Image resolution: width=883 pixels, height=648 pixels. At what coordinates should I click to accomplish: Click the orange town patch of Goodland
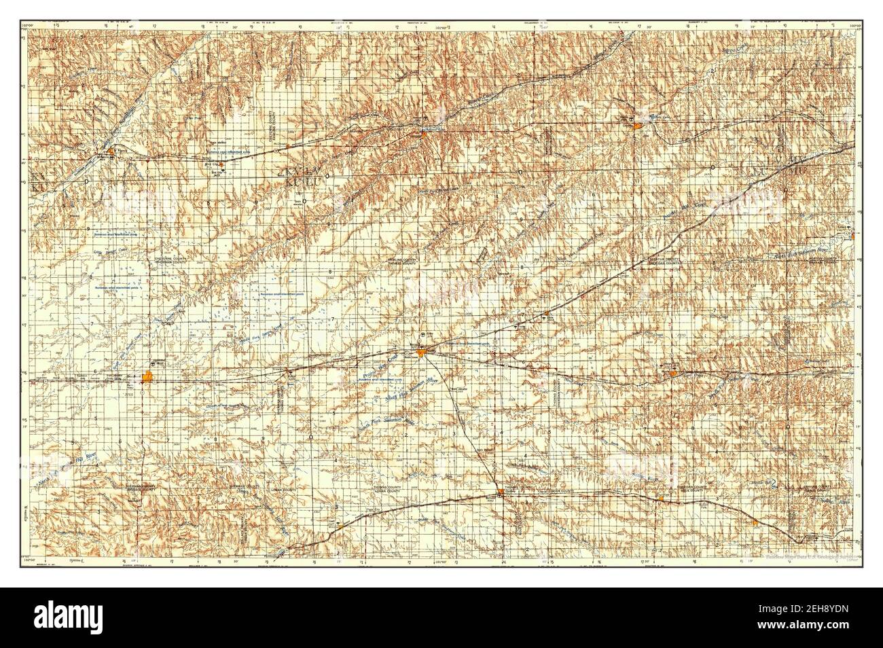tap(149, 377)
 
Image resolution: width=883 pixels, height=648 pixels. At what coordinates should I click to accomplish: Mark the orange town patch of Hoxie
tap(672, 373)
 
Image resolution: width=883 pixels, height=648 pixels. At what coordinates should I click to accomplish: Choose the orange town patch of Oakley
tap(501, 492)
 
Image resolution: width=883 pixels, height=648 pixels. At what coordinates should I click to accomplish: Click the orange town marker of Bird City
tap(221, 163)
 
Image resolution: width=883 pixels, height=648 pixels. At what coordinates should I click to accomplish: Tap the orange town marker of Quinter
tap(755, 522)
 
